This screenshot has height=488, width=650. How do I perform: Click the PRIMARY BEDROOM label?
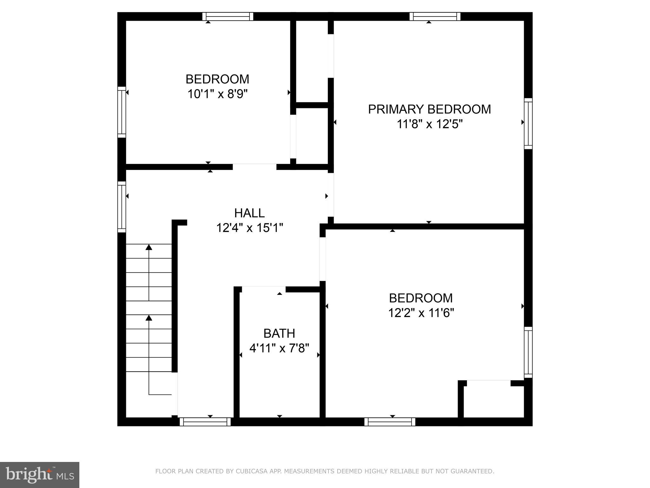tap(429, 109)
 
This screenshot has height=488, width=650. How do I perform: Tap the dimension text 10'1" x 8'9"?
tap(217, 94)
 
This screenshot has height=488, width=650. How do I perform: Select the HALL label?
tap(249, 213)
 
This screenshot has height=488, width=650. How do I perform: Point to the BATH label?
tap(279, 334)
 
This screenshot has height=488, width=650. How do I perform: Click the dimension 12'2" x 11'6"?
tap(421, 313)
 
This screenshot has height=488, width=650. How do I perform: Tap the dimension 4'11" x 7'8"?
tap(279, 349)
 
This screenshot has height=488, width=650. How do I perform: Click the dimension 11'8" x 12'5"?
tap(429, 124)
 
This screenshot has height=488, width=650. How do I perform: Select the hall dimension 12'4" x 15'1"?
tap(249, 228)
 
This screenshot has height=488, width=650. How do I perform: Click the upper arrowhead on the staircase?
tap(149, 247)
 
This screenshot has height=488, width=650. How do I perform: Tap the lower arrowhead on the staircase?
tap(149, 317)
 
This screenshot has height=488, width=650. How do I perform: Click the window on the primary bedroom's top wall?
tap(435, 16)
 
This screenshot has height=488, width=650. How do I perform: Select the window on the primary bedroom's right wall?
tap(528, 123)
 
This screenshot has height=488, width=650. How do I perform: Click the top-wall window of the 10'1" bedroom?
tap(228, 16)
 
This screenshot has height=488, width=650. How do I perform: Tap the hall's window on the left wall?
tap(122, 207)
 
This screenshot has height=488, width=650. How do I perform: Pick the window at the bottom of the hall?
tap(205, 422)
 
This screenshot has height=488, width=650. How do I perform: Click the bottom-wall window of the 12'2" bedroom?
tap(390, 422)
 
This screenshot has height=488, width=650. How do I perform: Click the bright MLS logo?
tap(39, 475)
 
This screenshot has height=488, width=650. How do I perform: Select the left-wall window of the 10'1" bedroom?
tap(122, 112)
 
